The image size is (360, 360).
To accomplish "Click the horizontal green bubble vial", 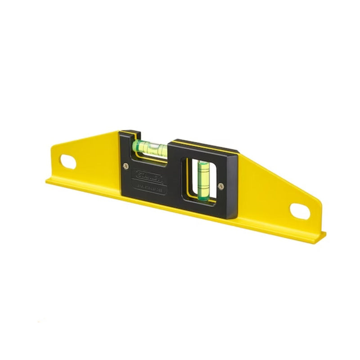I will (150, 145).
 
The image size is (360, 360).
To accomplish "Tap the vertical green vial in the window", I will (201, 175).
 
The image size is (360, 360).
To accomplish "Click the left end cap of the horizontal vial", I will (135, 145).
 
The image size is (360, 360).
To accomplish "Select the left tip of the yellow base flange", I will (47, 181).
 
